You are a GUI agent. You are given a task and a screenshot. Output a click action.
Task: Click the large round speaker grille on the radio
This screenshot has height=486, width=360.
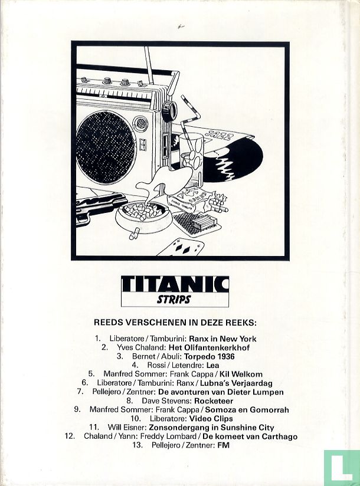coord(106,143)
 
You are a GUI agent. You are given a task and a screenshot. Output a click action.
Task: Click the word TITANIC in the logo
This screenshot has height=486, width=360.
coord(175,284)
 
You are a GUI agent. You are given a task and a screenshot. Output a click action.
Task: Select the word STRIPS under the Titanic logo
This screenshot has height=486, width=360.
coord(174,300)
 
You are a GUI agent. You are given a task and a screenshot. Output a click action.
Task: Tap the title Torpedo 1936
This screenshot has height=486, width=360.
coord(210,356)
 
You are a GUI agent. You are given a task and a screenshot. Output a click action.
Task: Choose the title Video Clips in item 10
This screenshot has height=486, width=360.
coord(211,419)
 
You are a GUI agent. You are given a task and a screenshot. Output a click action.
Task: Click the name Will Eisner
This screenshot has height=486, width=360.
coord(127,428)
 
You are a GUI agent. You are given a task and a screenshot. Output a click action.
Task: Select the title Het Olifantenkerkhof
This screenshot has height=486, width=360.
coord(209,347)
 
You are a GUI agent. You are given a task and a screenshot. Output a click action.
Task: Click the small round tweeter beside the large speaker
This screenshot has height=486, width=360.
coord(140,123)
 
